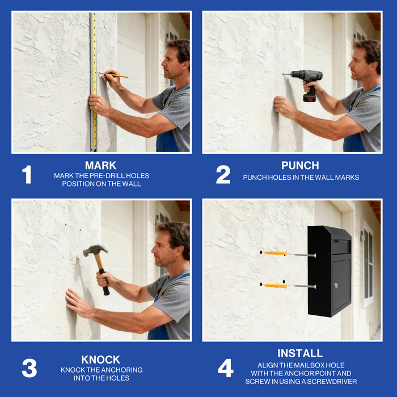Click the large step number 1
pyautogui.click(x=27, y=175)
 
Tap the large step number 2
pyautogui.click(x=223, y=175)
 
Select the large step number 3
pyautogui.click(x=29, y=368)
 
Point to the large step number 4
pyautogui.click(x=225, y=368)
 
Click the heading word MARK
pyautogui.click(x=100, y=166)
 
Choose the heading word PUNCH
pyautogui.click(x=300, y=166)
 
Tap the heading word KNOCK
pyautogui.click(x=101, y=360)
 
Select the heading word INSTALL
pyautogui.click(x=300, y=353)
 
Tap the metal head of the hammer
pyautogui.click(x=95, y=250)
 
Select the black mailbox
pyautogui.click(x=330, y=271)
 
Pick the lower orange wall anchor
pyautogui.click(x=274, y=285)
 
